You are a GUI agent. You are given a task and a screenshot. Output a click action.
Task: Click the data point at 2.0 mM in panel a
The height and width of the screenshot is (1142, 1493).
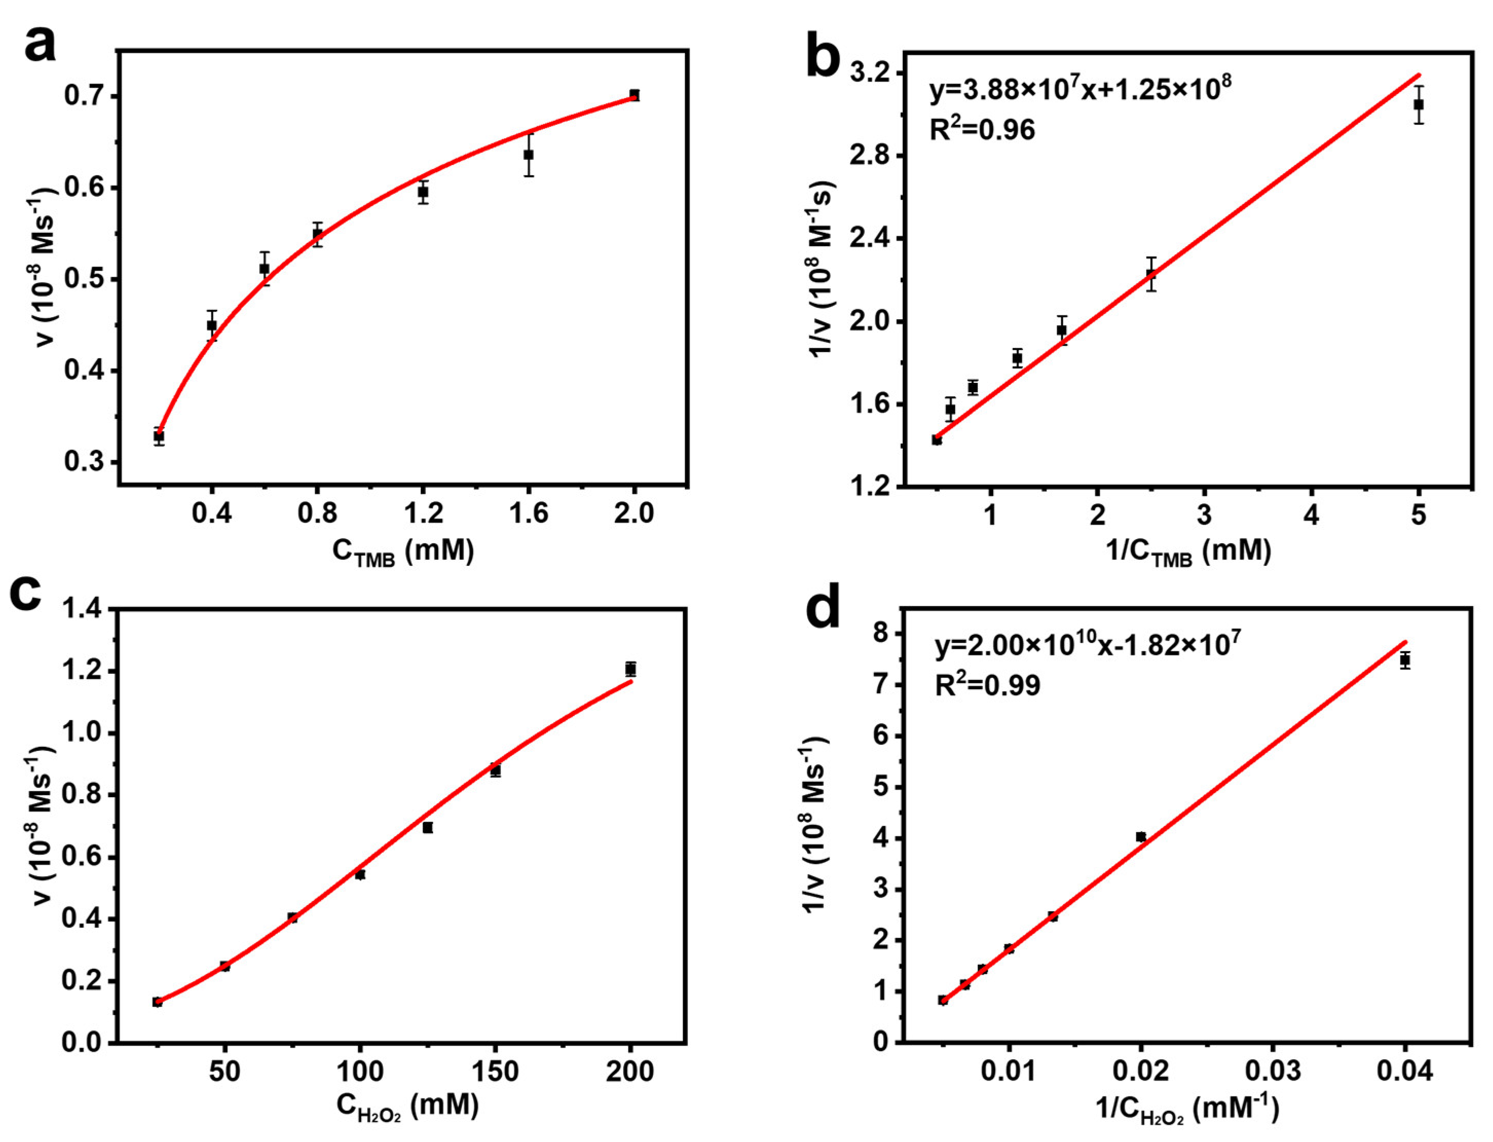pyautogui.click(x=634, y=95)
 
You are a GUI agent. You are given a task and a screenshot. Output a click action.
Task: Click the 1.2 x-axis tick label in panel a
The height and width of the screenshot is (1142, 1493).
pyautogui.click(x=423, y=513)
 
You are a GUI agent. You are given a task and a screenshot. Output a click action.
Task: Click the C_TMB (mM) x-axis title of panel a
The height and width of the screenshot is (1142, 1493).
pyautogui.click(x=403, y=552)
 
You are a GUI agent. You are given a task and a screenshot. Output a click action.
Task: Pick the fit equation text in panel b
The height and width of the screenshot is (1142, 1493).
pyautogui.click(x=1080, y=89)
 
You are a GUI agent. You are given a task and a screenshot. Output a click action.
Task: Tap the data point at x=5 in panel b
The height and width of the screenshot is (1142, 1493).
pyautogui.click(x=1419, y=105)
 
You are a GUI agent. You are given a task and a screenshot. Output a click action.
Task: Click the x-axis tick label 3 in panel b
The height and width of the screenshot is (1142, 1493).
pyautogui.click(x=1205, y=514)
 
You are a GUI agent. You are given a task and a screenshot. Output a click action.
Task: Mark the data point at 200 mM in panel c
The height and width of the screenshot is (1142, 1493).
pyautogui.click(x=630, y=670)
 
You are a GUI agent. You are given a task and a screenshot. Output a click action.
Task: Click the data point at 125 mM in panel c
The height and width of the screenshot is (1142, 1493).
pyautogui.click(x=427, y=827)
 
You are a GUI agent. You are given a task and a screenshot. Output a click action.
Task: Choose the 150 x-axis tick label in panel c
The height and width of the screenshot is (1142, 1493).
pyautogui.click(x=495, y=1072)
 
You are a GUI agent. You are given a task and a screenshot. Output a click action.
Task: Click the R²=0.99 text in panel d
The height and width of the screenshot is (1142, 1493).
pyautogui.click(x=987, y=685)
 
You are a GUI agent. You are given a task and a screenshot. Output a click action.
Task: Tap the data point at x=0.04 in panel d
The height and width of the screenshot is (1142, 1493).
pyautogui.click(x=1405, y=660)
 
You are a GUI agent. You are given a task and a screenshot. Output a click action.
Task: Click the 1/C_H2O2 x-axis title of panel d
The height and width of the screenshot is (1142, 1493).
pyautogui.click(x=1187, y=1110)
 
